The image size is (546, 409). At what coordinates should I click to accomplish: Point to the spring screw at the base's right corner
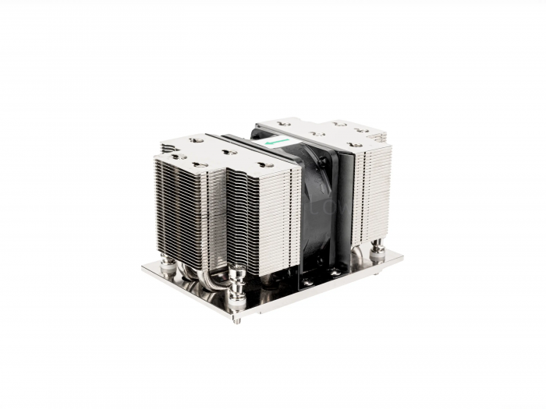[x=378, y=248]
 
